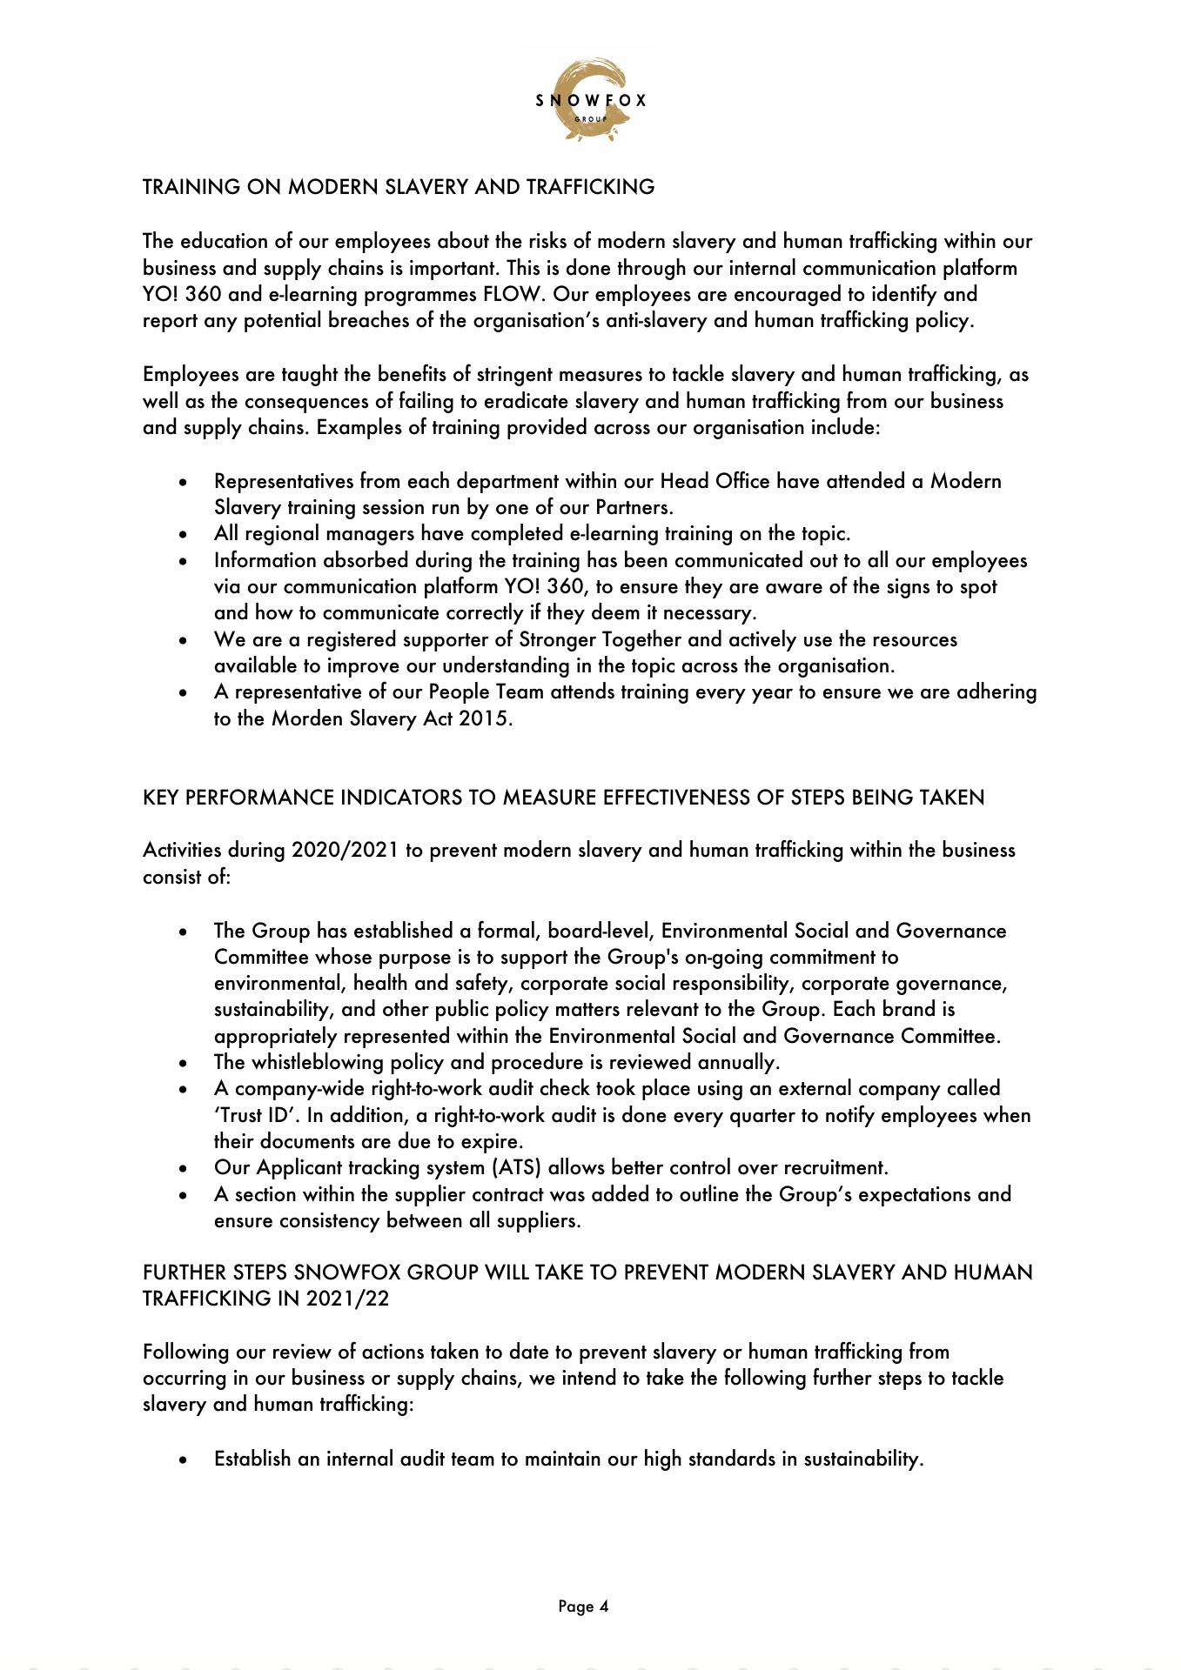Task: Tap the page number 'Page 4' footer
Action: coord(583,1607)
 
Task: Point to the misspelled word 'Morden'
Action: coord(303,718)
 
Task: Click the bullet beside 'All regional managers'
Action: coord(183,534)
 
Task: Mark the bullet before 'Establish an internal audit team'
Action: coord(183,1460)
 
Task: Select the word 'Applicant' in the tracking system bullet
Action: coord(299,1167)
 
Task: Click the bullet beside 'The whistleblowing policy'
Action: coord(183,1063)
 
